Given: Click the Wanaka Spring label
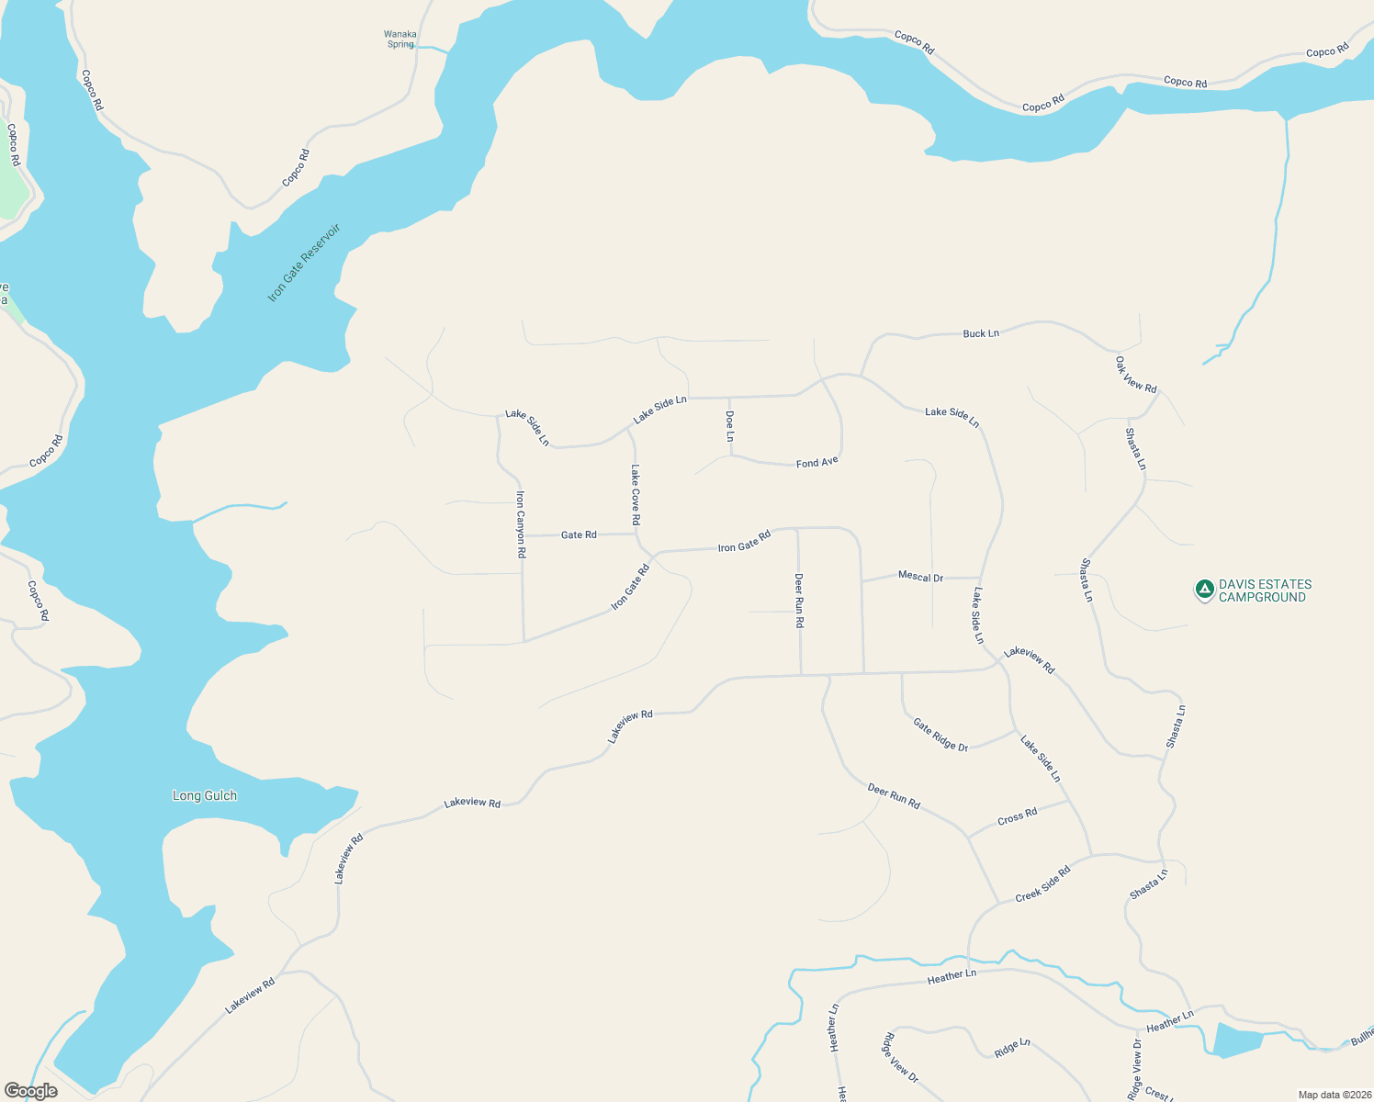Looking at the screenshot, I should pos(400,39).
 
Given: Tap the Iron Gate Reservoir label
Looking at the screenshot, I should pos(304,263).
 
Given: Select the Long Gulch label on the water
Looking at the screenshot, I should pos(205,795).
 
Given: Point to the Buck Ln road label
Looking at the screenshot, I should pos(981,333).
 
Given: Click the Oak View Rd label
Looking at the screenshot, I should pos(1136,375).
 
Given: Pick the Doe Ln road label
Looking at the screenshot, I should pos(730,426).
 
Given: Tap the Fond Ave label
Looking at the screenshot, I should pos(817,462).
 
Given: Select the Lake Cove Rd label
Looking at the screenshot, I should pos(636,494).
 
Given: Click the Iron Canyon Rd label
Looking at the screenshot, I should pos(521,524).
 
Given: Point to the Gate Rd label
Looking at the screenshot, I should pos(579,534).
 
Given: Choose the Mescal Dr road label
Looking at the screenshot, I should pos(920,577).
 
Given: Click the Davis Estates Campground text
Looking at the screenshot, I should pos(1265,590).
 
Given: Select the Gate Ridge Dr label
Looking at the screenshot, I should pos(940,735).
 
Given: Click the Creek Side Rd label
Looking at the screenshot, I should pos(1043,884).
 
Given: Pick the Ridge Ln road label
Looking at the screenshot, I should pos(1012,1048).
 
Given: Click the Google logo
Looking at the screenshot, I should pos(31,1091).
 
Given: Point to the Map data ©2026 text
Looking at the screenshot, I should pos(1333,1095).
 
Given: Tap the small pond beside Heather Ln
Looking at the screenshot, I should pos(1236,1040).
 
